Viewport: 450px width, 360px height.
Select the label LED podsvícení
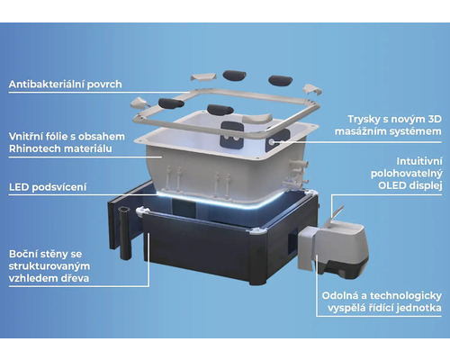48,187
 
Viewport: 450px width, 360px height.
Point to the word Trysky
362,120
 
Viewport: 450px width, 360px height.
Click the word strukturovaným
49,266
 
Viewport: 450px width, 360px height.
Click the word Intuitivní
419,161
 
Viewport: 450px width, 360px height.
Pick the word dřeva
75,278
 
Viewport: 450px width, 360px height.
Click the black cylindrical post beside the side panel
125,232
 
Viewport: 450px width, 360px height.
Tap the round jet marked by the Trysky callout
272,142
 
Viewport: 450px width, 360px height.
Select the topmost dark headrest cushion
235,76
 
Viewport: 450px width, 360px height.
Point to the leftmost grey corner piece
139,103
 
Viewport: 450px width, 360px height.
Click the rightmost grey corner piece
312,89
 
